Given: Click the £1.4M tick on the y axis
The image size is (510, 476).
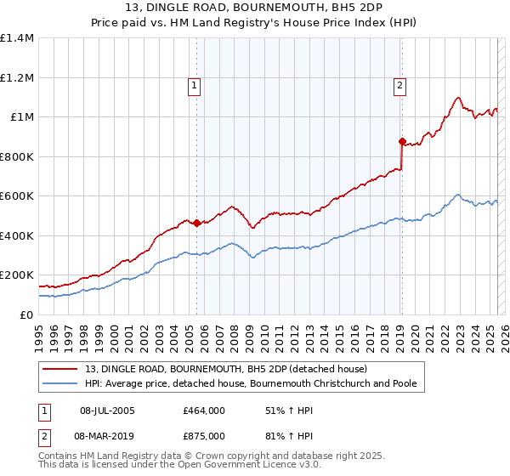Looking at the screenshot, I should coord(17,38).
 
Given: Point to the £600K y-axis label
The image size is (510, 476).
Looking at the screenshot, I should coord(17,196).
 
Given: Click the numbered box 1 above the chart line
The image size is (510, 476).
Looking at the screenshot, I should coord(195,85).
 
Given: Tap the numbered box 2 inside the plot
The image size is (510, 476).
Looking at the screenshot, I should coord(399,85).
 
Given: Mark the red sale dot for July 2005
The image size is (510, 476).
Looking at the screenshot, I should coord(196,224).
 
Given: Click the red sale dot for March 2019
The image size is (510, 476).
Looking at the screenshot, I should coord(402,142).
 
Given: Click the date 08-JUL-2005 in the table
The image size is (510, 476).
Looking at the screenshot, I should coord(107,411).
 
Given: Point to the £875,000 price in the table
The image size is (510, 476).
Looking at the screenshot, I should coord(203,435).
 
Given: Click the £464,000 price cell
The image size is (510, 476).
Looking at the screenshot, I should coord(203,411).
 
